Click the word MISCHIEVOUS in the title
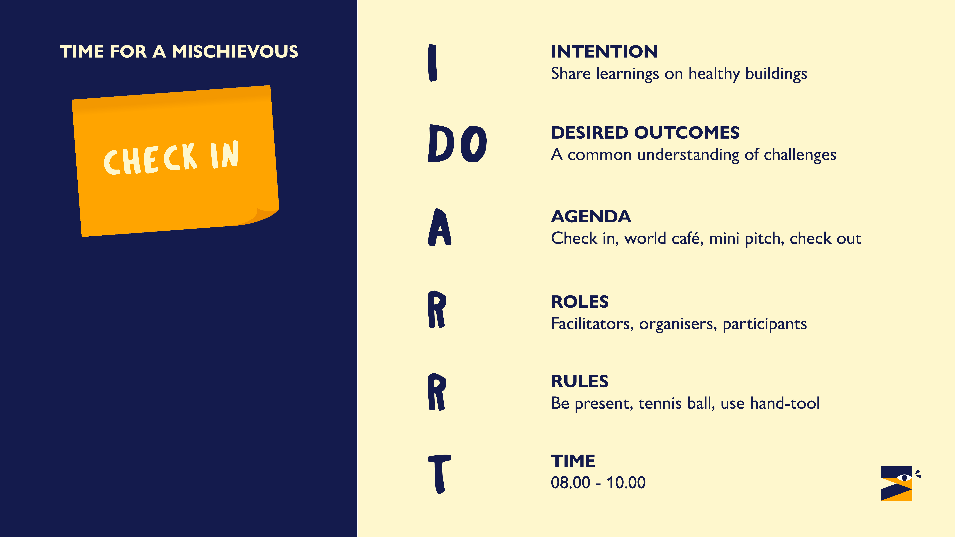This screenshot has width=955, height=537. (235, 52)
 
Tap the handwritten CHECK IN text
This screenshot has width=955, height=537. (171, 158)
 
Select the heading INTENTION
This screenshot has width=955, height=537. (604, 52)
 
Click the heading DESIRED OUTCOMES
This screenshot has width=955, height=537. (645, 133)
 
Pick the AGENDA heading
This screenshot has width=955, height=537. (591, 216)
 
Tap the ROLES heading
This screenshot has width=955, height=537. (580, 302)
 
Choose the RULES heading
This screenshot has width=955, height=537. (579, 381)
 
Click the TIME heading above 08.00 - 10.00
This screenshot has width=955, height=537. (573, 461)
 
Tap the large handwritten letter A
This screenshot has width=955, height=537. (440, 227)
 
